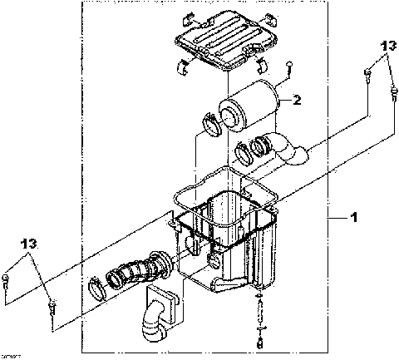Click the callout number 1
coord(353,217)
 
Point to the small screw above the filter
coord(287,72)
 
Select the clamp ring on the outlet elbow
coord(246,152)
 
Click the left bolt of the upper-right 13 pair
coord(367,76)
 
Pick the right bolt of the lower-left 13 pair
coord(52,307)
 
